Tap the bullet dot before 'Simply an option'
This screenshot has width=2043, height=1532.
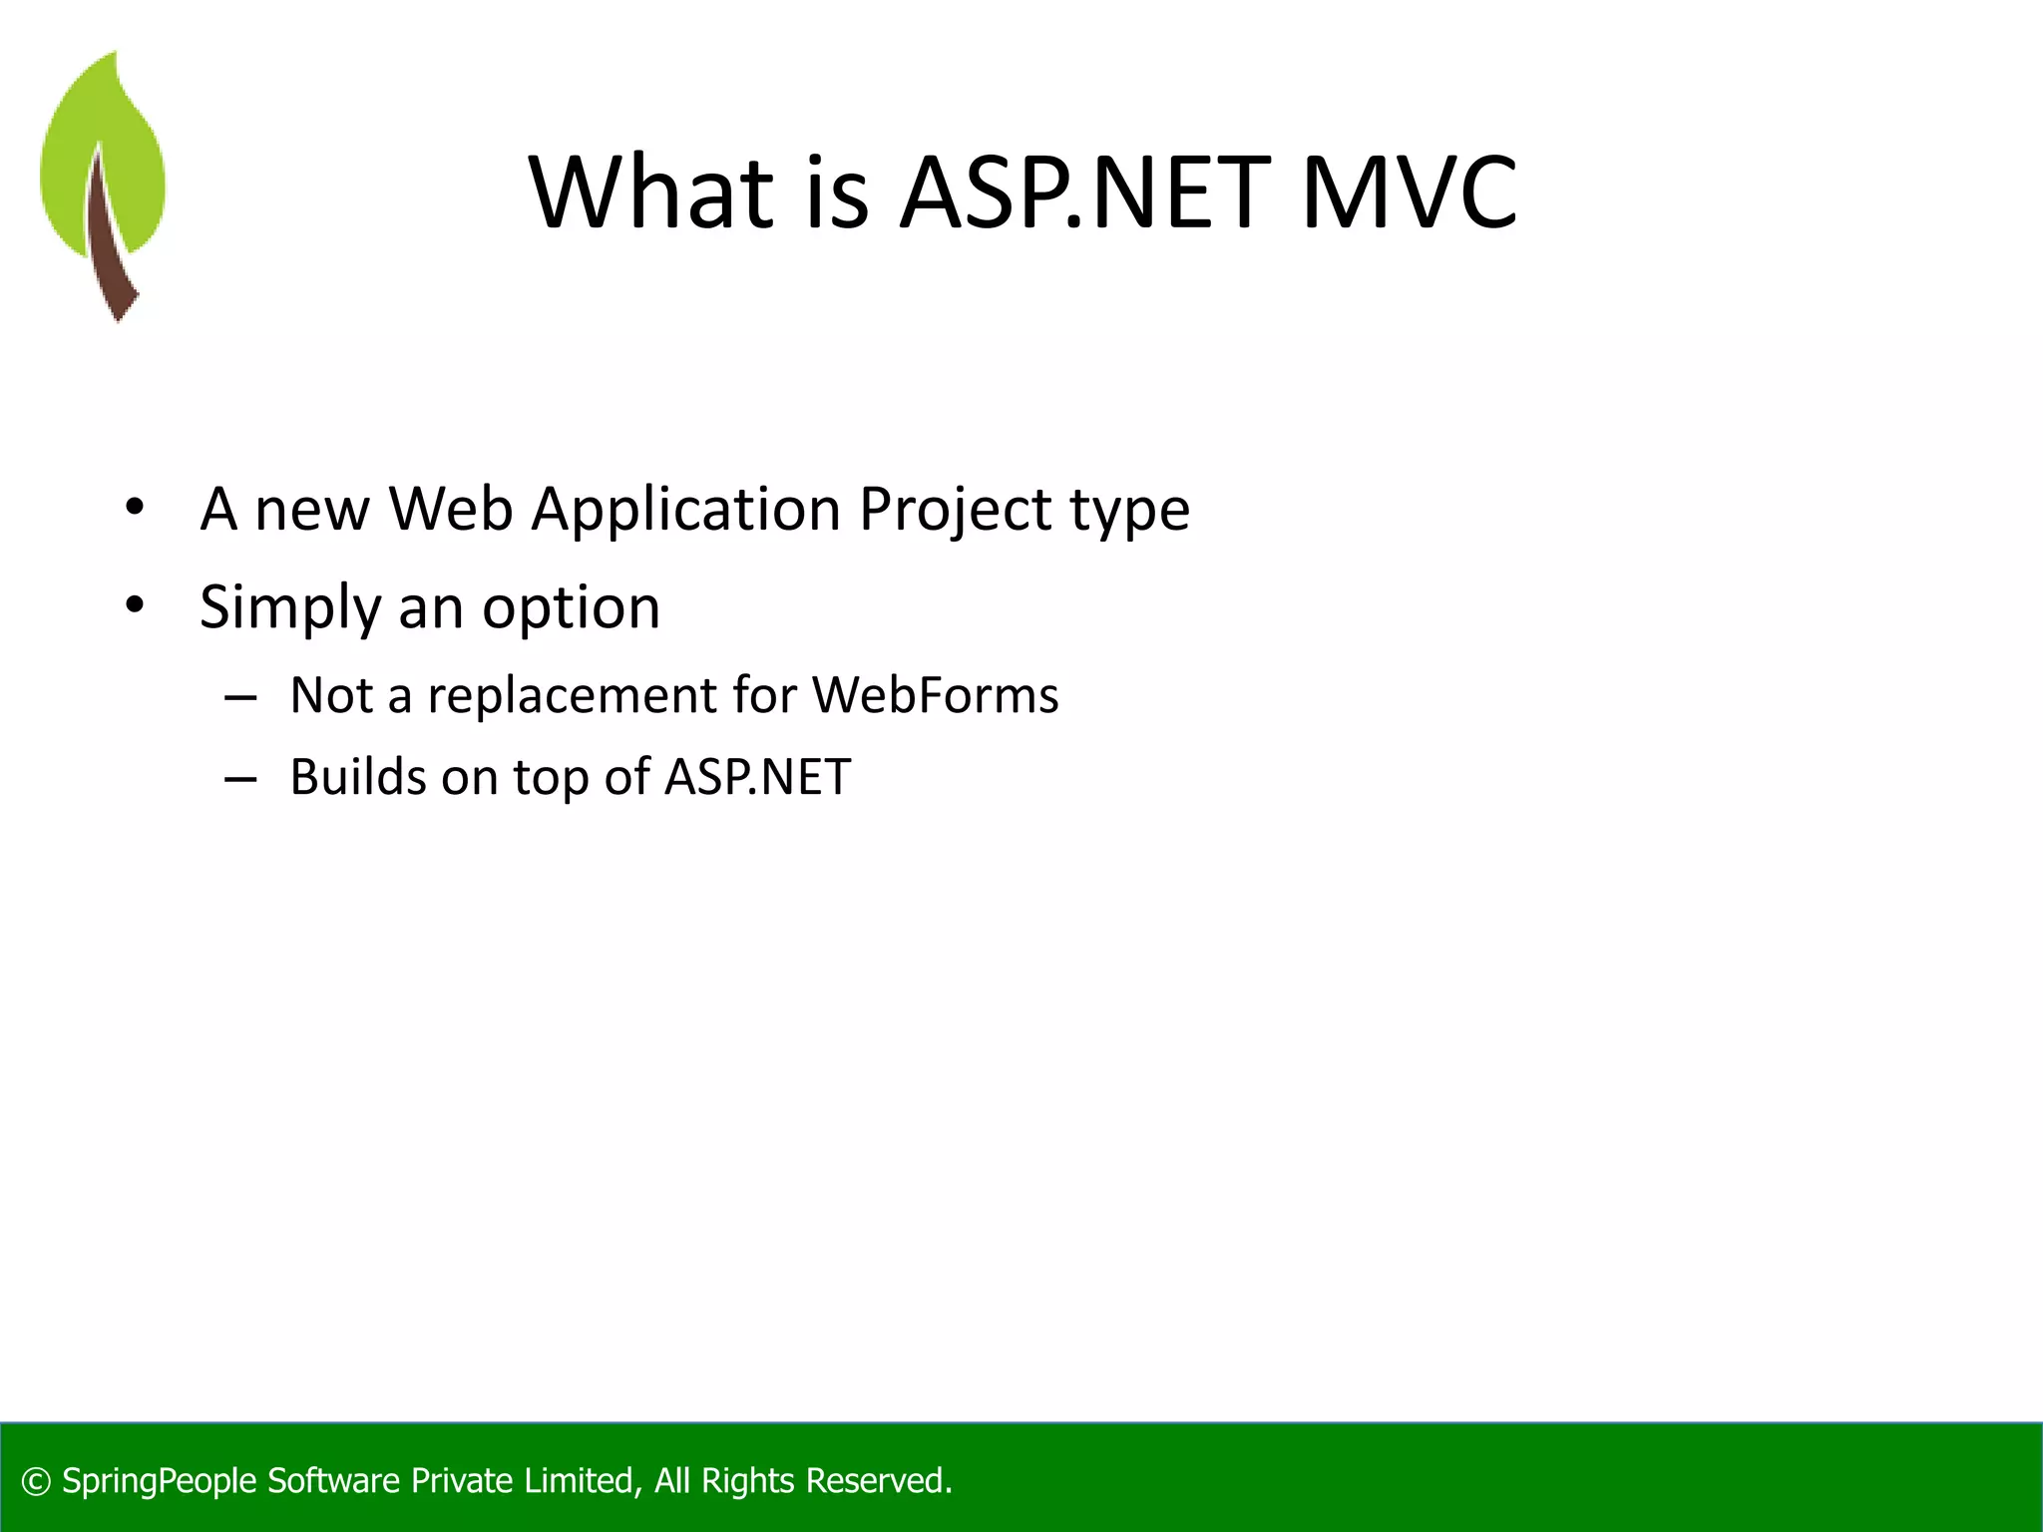[135, 605]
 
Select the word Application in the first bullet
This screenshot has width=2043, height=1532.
[686, 511]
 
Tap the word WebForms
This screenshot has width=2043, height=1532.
[935, 695]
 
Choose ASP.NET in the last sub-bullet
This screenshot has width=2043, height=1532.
[757, 777]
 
